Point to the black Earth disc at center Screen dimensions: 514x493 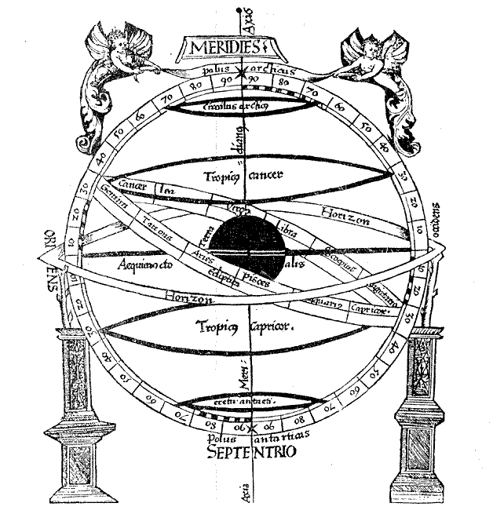[x=250, y=248]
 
